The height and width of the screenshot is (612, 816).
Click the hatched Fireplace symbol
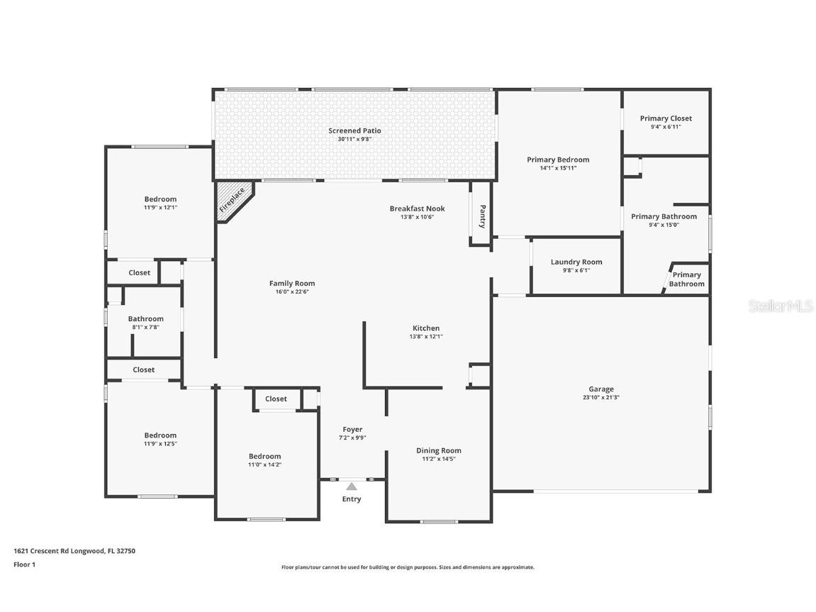coord(233,200)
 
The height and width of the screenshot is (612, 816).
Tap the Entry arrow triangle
coord(352,486)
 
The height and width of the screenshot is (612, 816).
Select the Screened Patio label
coord(354,130)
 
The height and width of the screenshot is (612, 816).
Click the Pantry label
coord(482,216)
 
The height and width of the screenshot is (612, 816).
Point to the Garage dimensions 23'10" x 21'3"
coord(601,397)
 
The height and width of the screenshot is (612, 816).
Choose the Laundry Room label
coord(576,262)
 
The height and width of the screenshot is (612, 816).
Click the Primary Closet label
coord(666,118)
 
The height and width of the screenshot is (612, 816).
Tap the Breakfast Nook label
coord(418,208)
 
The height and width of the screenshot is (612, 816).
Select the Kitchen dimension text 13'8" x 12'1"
coord(426,336)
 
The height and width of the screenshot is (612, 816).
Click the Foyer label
coord(352,429)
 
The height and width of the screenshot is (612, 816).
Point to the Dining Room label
coord(439,451)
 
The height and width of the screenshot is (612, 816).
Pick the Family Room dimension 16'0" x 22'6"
coord(292,291)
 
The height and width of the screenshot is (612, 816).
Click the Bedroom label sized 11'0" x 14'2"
coord(265,457)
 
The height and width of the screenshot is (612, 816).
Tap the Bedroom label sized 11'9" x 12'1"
coord(160,199)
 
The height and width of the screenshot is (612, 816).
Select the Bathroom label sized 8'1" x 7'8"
coord(146,319)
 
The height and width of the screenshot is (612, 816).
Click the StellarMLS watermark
coord(781,306)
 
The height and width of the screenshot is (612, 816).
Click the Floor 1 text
coord(25,564)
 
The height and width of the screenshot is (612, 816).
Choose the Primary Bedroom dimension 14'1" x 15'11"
coord(558,167)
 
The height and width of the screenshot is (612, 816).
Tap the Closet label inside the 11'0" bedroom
coord(276,399)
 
